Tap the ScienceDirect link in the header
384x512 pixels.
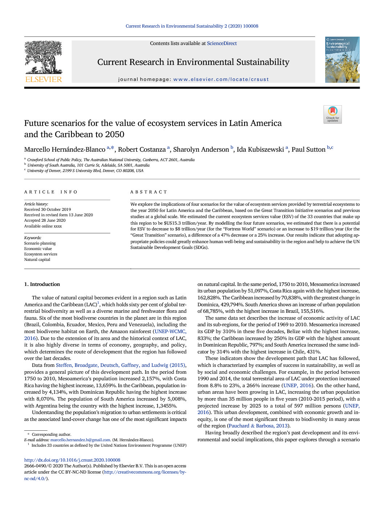tap(222, 44)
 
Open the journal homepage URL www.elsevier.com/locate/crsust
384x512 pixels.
tap(221, 79)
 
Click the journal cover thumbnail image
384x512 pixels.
tap(342, 60)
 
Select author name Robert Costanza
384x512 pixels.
tap(142, 149)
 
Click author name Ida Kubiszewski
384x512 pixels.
tap(260, 149)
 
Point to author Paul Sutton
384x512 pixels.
tap(309, 149)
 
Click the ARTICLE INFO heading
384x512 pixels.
tap(51, 192)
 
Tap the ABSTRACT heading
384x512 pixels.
tap(149, 192)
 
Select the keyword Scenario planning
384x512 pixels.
tap(40, 243)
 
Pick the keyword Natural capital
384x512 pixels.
tap(37, 259)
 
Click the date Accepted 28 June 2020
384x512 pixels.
tap(45, 220)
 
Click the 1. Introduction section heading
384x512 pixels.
tap(42, 284)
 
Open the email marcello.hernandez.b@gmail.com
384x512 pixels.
tap(80, 440)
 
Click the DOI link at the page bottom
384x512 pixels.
tap(72, 460)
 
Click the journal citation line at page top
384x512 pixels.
tap(192, 26)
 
